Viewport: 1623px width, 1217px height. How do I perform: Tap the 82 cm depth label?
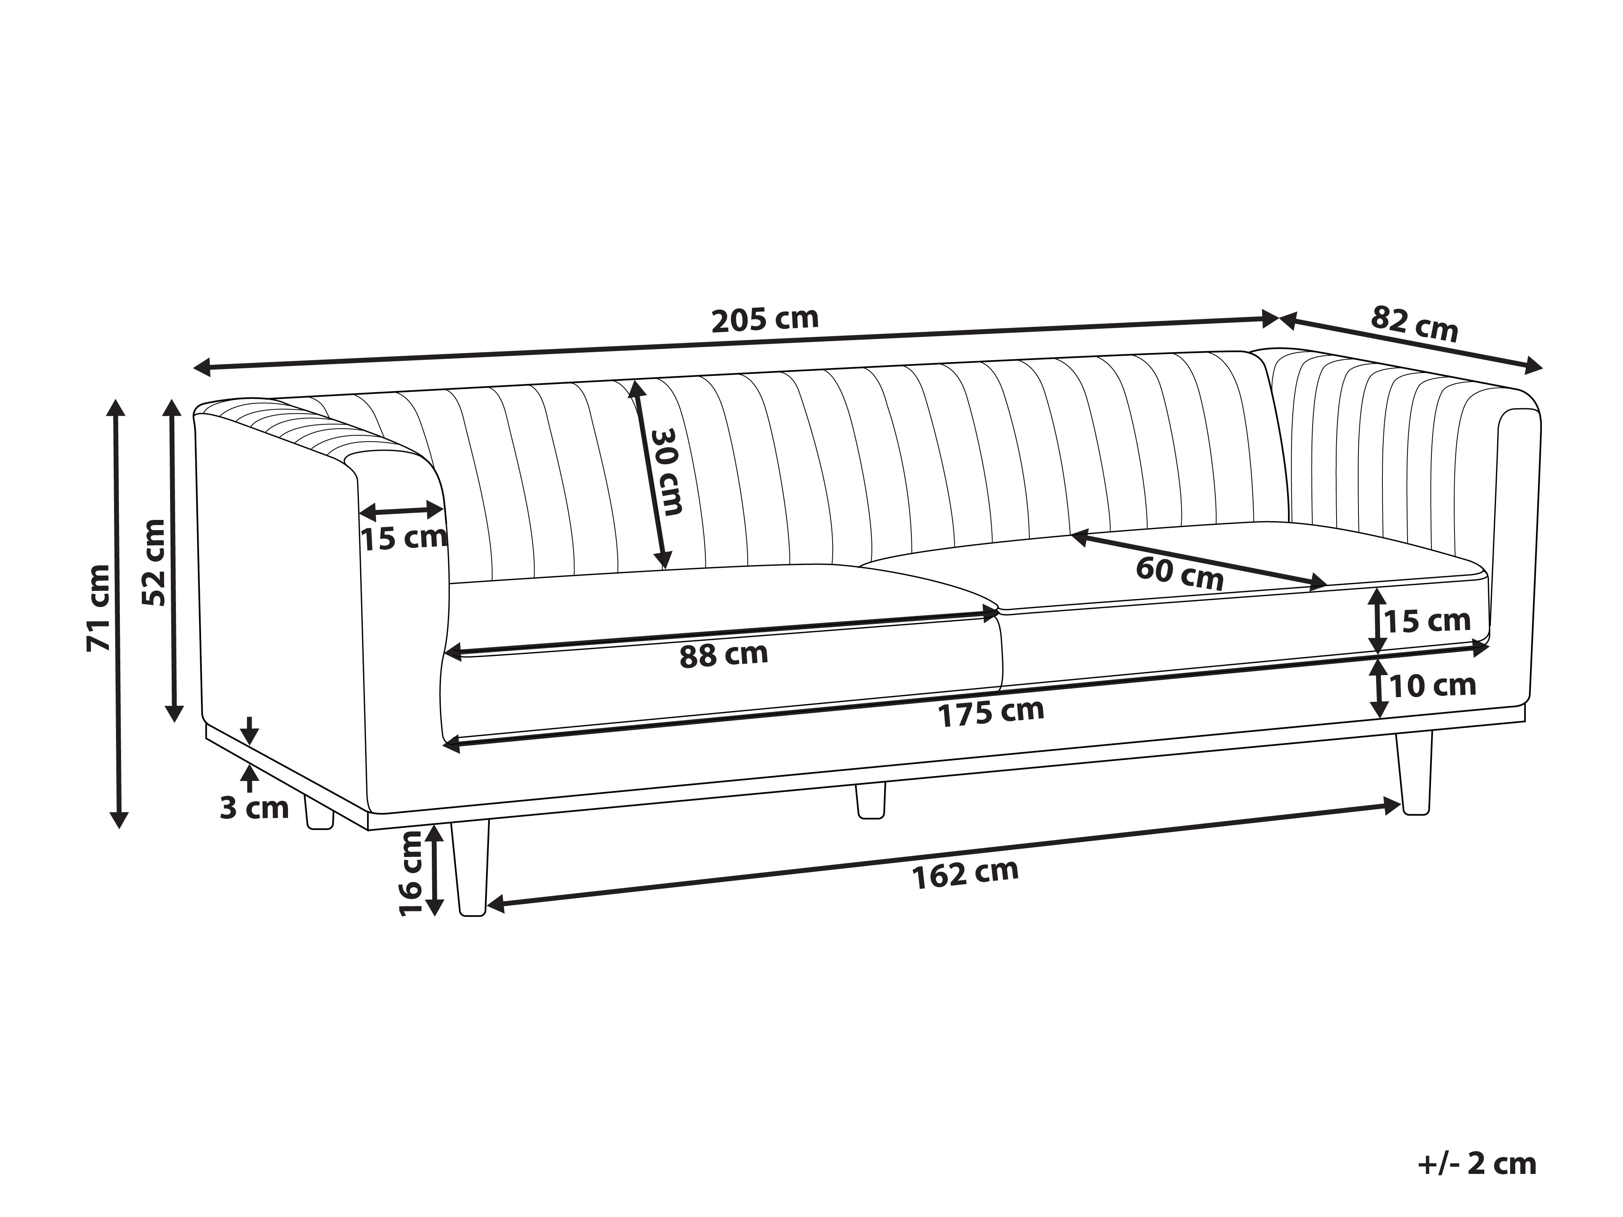tap(1414, 324)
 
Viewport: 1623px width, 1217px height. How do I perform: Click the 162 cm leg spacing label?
tap(965, 873)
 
